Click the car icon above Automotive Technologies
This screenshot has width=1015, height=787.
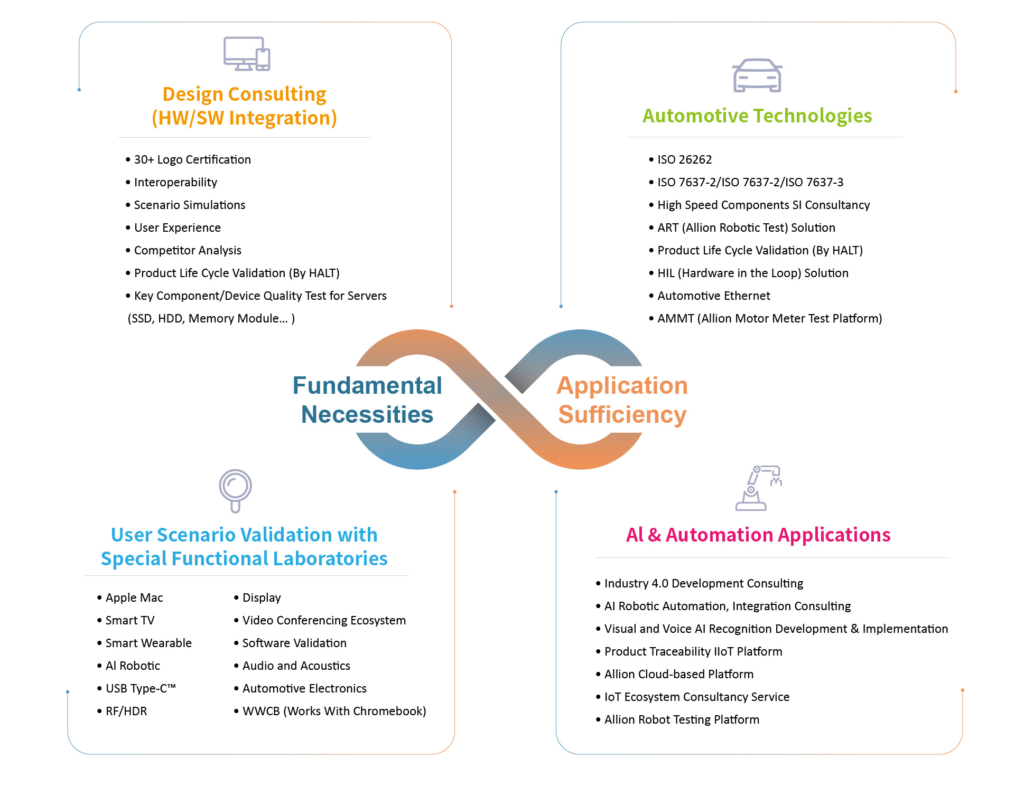tap(757, 75)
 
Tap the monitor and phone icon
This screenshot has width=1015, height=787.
tap(247, 54)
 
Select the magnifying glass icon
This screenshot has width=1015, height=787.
tap(235, 490)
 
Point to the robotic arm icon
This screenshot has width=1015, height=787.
tap(758, 488)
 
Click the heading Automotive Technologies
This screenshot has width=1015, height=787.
tap(757, 116)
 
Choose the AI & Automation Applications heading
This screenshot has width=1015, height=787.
tap(758, 535)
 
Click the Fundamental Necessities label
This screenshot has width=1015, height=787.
tap(367, 400)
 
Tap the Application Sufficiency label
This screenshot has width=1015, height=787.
tap(622, 400)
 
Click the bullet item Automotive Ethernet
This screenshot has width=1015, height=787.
tap(713, 296)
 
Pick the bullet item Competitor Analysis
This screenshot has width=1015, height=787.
tap(188, 250)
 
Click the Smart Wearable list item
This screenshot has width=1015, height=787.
tap(148, 643)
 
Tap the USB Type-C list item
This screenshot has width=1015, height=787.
tap(140, 688)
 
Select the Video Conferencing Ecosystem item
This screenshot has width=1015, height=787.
tap(324, 620)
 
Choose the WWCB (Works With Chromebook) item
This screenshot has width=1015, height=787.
tap(334, 711)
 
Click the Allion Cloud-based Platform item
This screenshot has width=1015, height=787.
tap(679, 674)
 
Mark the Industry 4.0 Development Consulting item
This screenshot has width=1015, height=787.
tap(703, 583)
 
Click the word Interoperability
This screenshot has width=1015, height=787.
tap(175, 182)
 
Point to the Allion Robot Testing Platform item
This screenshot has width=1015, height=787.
tap(682, 719)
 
